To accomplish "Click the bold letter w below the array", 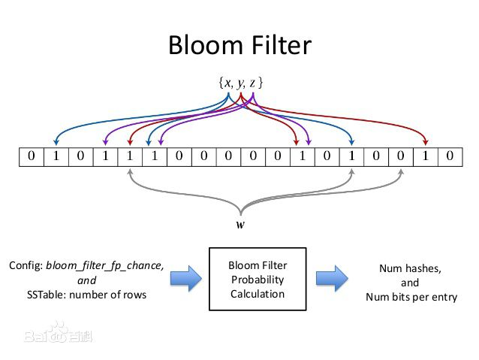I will pyautogui.click(x=239, y=224).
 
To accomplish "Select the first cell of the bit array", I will pyautogui.click(x=30, y=156).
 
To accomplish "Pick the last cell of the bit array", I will pyautogui.click(x=449, y=156).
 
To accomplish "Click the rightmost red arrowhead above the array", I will pyautogui.click(x=426, y=141).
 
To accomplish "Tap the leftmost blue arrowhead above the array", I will pyautogui.click(x=56, y=141).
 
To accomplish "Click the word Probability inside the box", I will pyautogui.click(x=258, y=280).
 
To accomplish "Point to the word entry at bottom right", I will pyautogui.click(x=443, y=296).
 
